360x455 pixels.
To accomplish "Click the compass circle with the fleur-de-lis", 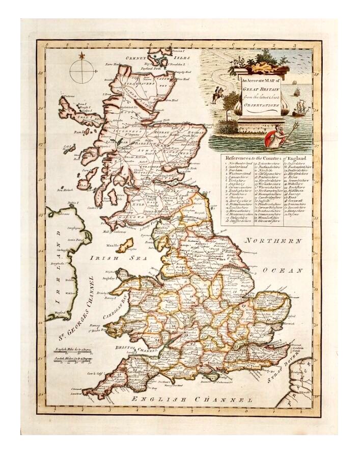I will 81,72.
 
